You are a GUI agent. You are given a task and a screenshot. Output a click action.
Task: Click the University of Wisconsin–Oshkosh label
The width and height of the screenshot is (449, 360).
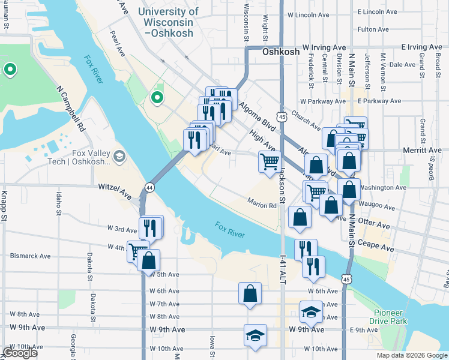coord(168,22)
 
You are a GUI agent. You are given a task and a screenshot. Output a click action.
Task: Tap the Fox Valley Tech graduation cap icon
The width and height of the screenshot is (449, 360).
coord(119,157)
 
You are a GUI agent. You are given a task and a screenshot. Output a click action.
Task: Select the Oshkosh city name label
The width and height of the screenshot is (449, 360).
coord(281,52)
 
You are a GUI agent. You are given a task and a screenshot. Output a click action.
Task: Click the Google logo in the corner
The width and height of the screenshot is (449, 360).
coord(20,353)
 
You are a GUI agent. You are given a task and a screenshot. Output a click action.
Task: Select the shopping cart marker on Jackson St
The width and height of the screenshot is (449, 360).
coord(270,161)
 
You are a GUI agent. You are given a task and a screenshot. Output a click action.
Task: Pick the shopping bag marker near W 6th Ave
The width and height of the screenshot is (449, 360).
coord(250,293)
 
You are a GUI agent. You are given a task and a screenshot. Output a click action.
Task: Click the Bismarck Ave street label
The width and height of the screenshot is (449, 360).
coord(30,256)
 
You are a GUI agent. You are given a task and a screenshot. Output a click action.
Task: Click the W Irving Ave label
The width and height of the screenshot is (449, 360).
coord(324,47)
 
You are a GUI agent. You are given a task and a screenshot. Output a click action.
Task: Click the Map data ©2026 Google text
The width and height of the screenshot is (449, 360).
coord(411,355)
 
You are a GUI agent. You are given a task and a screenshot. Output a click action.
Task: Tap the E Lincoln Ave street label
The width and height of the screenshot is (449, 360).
coord(377,12)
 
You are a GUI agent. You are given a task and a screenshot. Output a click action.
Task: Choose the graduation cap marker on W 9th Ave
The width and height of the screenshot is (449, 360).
coord(255,335)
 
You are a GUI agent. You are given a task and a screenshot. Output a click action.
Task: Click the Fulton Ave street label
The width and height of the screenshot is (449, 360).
coord(373,29)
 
